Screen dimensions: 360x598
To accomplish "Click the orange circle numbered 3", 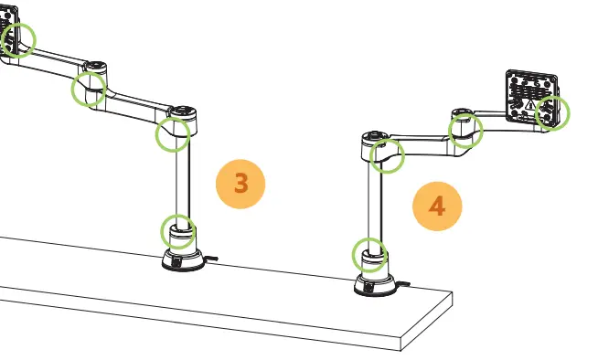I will [240, 183].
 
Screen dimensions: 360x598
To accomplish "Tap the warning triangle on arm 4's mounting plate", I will [529, 105].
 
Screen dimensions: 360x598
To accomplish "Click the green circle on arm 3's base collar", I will [177, 231].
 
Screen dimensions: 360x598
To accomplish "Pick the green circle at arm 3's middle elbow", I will [89, 90].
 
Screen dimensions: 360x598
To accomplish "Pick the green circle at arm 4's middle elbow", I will [465, 131].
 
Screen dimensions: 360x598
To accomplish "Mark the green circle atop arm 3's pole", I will [172, 135].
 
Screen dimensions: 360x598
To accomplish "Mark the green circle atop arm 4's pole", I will [388, 154].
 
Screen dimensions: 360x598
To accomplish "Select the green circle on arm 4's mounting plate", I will [552, 112].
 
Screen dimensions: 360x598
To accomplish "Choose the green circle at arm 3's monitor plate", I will [17, 40].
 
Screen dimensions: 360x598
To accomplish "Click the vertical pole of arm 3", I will [182, 183].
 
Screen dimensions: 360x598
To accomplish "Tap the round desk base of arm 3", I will [182, 261].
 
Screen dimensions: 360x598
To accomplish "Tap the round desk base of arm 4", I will [374, 286].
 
